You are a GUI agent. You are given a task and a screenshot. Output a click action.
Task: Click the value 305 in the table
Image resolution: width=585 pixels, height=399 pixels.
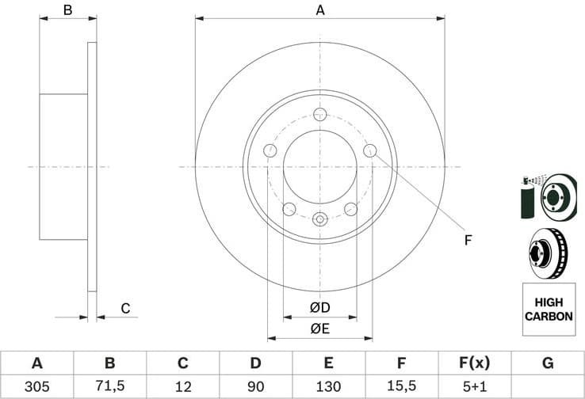36,386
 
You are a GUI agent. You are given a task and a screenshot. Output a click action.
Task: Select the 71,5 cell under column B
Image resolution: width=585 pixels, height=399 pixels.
109,386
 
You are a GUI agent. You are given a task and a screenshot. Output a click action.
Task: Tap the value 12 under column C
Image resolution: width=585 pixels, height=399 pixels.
182,386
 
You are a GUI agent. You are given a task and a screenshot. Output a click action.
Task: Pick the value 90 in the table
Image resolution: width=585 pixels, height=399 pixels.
255,386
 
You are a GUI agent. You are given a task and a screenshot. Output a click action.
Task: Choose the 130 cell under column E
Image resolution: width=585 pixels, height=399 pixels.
328,386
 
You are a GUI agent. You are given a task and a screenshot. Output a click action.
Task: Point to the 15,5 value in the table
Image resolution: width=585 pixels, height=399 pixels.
401,386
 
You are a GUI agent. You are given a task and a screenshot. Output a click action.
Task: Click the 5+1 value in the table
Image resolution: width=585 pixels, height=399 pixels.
474,386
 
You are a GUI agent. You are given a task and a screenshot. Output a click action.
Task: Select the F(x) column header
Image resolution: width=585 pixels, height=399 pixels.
474,363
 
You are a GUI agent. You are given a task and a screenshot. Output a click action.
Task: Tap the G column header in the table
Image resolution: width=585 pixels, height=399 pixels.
548,363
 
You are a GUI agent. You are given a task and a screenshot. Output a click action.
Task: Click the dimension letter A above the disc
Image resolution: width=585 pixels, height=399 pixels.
320,10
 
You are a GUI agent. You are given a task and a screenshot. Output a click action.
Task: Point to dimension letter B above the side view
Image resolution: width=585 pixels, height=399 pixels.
68,10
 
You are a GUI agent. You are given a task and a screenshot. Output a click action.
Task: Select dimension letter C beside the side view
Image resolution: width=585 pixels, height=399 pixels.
124,308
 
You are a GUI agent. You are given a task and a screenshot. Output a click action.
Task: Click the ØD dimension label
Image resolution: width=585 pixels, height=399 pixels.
319,307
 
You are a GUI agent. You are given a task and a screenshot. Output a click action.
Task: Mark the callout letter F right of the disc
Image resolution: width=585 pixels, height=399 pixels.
468,239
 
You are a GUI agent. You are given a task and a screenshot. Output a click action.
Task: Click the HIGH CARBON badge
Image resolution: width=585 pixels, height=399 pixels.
548,309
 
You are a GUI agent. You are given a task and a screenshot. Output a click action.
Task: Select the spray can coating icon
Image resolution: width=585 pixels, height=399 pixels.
527,197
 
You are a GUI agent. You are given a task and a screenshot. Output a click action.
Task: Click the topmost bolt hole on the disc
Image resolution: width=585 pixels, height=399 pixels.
319,114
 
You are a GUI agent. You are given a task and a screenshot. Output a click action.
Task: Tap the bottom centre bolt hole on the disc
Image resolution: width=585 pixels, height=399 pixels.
319,219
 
